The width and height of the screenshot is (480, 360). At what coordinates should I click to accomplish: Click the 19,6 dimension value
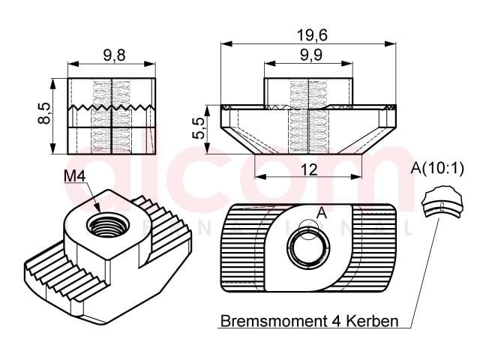[x=312, y=35]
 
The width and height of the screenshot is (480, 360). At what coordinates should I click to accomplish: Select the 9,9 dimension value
[x=311, y=55]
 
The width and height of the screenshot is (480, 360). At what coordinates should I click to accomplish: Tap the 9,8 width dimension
[x=114, y=55]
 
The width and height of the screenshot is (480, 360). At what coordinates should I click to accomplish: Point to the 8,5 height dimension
[x=44, y=113]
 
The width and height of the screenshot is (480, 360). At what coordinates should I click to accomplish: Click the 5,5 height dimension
[x=199, y=128]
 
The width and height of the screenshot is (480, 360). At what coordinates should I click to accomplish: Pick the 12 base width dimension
[x=309, y=169]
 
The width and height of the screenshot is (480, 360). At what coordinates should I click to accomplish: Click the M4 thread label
[x=74, y=176]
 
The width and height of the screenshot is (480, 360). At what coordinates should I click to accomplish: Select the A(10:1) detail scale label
[x=437, y=168]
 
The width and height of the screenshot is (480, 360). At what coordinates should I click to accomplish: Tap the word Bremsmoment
[x=273, y=321]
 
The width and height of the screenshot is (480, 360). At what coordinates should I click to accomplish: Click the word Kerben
[x=373, y=321]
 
